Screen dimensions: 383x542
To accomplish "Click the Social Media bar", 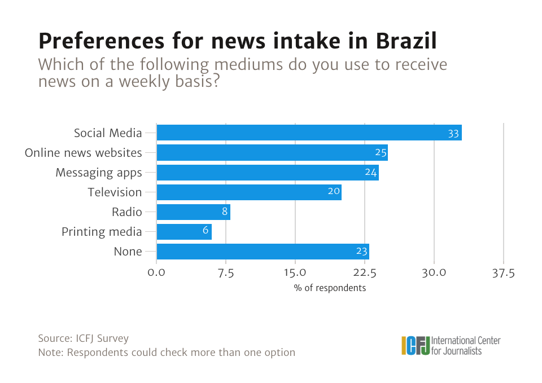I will point(309,133).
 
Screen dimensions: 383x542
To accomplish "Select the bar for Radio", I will point(193,212).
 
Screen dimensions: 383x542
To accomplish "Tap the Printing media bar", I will point(183,232).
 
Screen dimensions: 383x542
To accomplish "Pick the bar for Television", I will point(248,192).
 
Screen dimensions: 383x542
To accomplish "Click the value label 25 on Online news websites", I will point(381,153).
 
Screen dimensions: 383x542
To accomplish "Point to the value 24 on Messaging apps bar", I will point(370,173).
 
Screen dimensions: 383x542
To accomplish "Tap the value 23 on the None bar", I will point(362,252).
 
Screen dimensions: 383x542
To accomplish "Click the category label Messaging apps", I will point(99,173).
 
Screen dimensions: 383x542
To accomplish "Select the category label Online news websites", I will point(84,153).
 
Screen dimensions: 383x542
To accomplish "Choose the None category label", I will point(128,252).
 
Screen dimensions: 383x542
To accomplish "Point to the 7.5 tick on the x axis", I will point(226,274).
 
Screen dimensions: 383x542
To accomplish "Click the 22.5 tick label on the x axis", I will point(365,274).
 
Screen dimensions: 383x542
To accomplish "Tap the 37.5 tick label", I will point(504,274).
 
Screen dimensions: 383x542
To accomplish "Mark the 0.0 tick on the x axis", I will point(156,274).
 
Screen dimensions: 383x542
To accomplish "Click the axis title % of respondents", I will point(330,288).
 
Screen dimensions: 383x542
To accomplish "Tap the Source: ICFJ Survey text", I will point(84,338).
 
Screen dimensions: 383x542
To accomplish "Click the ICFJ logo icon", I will point(416,345).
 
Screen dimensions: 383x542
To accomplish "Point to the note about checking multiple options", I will point(167,353).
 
